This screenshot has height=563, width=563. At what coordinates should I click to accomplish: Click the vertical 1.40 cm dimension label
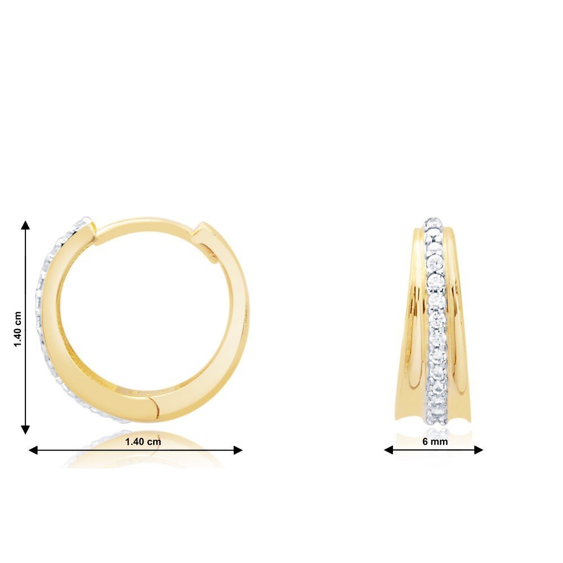(18, 329)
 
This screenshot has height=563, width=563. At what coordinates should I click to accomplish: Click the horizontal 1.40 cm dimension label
(143, 441)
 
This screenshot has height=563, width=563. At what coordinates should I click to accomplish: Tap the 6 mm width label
(435, 441)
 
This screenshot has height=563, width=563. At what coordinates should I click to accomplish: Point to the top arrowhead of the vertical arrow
(25, 225)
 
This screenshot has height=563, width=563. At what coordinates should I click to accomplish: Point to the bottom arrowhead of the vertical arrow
(25, 430)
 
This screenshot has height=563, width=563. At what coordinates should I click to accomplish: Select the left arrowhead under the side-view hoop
(33, 450)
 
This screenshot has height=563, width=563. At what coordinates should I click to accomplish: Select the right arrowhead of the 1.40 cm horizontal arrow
(238, 450)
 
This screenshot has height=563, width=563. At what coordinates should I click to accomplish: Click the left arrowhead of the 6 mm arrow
(388, 449)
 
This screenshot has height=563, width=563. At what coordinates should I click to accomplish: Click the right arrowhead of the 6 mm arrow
(478, 449)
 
